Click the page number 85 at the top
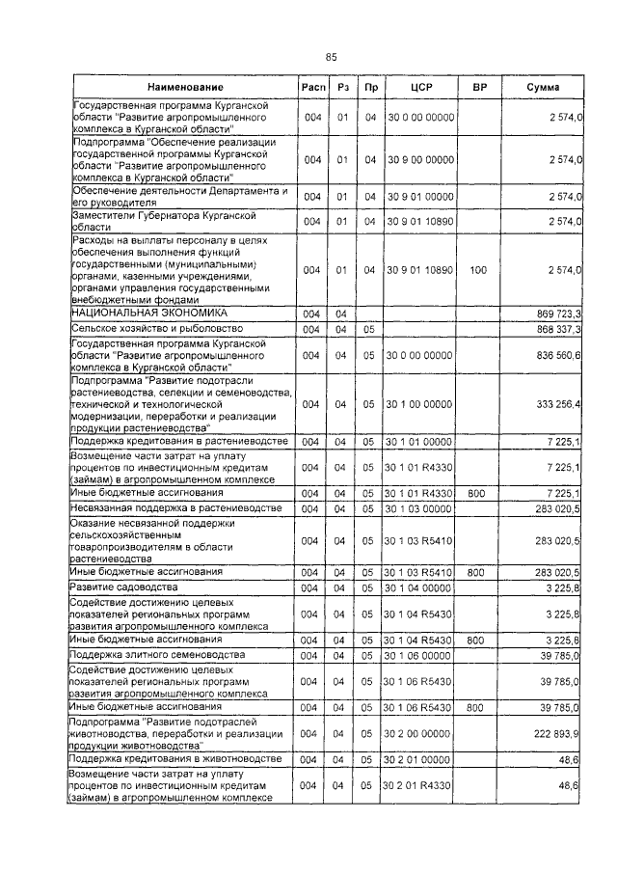pos(331,57)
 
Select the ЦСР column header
pos(418,88)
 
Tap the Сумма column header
pos(546,88)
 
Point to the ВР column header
pos(478,88)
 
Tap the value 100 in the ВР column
pos(478,271)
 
